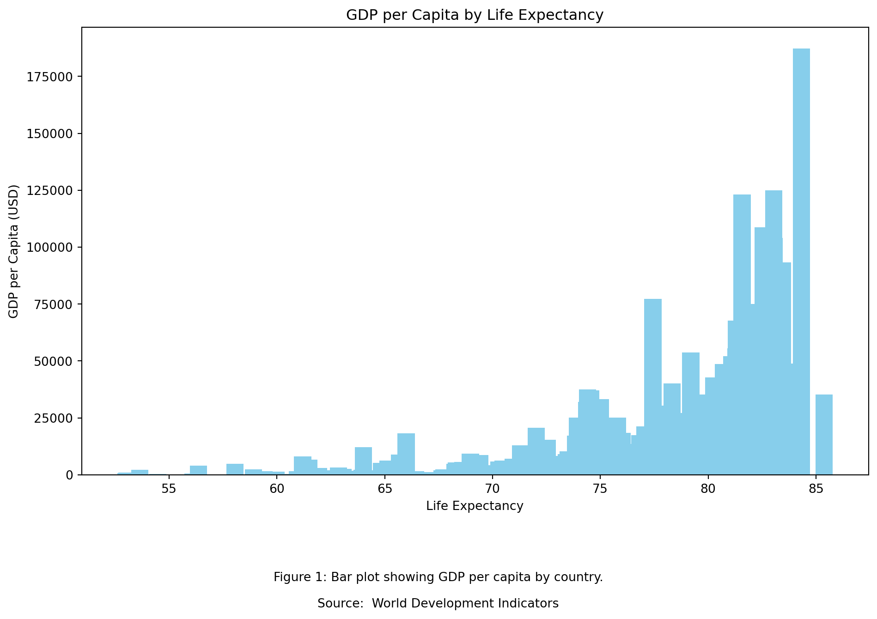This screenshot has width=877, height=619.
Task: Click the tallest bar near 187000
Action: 801,261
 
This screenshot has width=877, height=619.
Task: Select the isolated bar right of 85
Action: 824,434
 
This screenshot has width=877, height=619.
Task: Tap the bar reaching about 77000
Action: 653,387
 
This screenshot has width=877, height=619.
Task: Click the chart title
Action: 475,15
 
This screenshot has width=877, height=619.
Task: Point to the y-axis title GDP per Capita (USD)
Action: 14,251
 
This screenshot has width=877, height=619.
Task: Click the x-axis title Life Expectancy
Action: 475,506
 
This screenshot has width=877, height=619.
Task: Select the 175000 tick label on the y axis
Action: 50,77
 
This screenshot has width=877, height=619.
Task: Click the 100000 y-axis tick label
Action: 50,247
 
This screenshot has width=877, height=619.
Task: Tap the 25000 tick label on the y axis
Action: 54,418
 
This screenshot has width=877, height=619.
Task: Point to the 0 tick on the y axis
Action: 70,475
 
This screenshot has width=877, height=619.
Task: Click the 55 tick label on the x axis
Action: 169,489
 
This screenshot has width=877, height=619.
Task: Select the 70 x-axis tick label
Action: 492,489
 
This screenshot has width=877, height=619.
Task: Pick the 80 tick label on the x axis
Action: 708,489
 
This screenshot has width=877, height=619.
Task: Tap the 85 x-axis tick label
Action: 816,489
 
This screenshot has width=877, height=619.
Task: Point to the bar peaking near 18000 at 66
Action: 406,454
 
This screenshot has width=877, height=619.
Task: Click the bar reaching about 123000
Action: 742,334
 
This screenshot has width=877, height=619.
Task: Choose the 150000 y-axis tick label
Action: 50,134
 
